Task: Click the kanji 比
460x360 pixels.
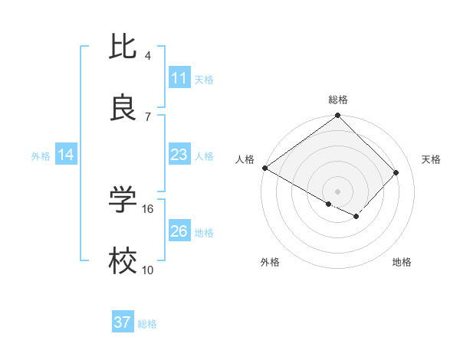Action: [123, 47]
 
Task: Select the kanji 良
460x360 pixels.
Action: [123, 108]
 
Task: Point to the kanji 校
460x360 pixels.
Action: [123, 261]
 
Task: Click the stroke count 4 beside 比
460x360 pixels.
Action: [147, 56]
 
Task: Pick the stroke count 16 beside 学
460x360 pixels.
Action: [148, 208]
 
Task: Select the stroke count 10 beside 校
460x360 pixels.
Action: [148, 270]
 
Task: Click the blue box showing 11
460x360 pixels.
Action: [179, 78]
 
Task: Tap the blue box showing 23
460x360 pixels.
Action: [179, 155]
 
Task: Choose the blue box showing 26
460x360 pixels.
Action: [179, 231]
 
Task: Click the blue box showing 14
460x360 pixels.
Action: [66, 155]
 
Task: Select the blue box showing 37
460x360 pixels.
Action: [123, 322]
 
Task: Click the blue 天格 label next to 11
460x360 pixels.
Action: [204, 79]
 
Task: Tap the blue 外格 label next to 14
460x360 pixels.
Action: [41, 155]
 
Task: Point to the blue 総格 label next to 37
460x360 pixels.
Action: [147, 323]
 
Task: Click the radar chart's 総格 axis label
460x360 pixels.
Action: [337, 100]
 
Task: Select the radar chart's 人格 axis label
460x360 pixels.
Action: [245, 159]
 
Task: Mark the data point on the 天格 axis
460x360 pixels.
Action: [396, 172]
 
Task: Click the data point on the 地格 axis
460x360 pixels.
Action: [356, 217]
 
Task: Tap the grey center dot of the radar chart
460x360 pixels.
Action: [337, 191]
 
